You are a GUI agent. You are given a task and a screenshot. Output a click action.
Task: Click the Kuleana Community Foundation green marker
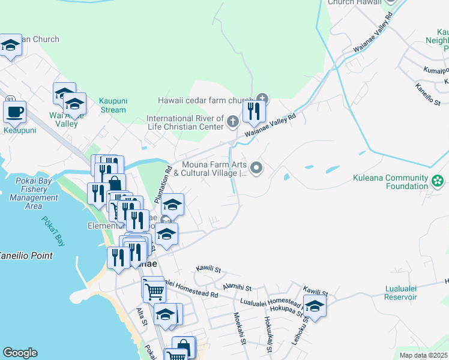pyautogui.click(x=438, y=179)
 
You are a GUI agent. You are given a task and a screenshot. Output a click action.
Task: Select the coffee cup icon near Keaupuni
pyautogui.click(x=14, y=112)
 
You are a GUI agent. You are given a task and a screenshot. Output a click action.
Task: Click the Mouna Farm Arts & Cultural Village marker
pyautogui.click(x=257, y=169)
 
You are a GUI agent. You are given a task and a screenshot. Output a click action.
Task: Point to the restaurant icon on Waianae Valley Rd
pyautogui.click(x=254, y=111)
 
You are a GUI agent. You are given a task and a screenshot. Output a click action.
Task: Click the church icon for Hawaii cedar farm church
pyautogui.click(x=262, y=99)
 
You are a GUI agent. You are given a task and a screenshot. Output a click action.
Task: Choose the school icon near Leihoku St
pyautogui.click(x=315, y=306)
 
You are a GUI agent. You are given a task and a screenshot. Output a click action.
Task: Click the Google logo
pyautogui.click(x=20, y=353)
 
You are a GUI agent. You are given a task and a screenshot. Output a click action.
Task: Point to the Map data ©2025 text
pyautogui.click(x=423, y=355)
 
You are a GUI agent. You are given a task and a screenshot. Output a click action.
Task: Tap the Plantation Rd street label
pyautogui.click(x=169, y=179)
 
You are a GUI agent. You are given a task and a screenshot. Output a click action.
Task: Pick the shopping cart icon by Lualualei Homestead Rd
pyautogui.click(x=154, y=291)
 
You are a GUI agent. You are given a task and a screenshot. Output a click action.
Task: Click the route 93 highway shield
pyautogui.click(x=10, y=100)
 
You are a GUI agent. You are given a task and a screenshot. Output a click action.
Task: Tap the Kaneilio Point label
pyautogui.click(x=26, y=256)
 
